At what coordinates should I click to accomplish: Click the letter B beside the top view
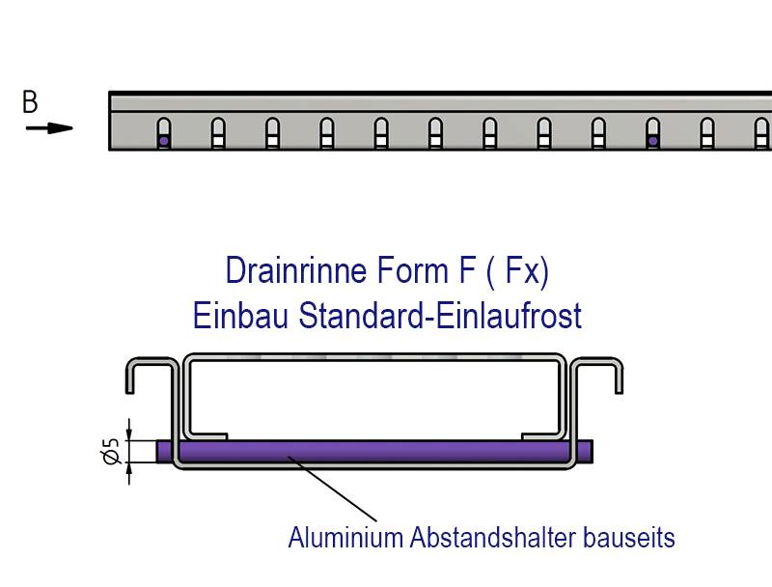pos(30,101)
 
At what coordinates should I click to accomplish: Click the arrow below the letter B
pos(49,127)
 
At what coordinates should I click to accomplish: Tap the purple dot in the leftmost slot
pos(164,141)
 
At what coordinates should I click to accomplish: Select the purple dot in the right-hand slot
pos(653,141)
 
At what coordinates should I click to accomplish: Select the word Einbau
pos(242,315)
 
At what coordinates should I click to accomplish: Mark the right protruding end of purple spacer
pos(585,451)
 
